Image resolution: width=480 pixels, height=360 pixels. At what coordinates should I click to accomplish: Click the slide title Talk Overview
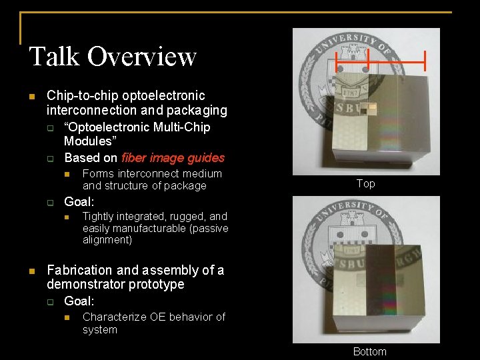pos(113,56)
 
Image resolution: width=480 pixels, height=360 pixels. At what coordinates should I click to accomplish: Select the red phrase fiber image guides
pos(173,158)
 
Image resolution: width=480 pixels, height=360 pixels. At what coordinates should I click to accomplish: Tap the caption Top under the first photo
pos(365,183)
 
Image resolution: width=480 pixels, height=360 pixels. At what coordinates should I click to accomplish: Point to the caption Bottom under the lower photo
pos(370,351)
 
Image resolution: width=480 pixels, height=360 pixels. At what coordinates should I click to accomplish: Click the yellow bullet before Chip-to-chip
pos(31,96)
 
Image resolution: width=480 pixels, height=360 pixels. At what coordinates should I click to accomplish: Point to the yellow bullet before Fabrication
pos(31,271)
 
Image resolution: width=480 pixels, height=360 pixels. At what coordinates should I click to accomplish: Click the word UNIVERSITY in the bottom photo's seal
pos(345,209)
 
